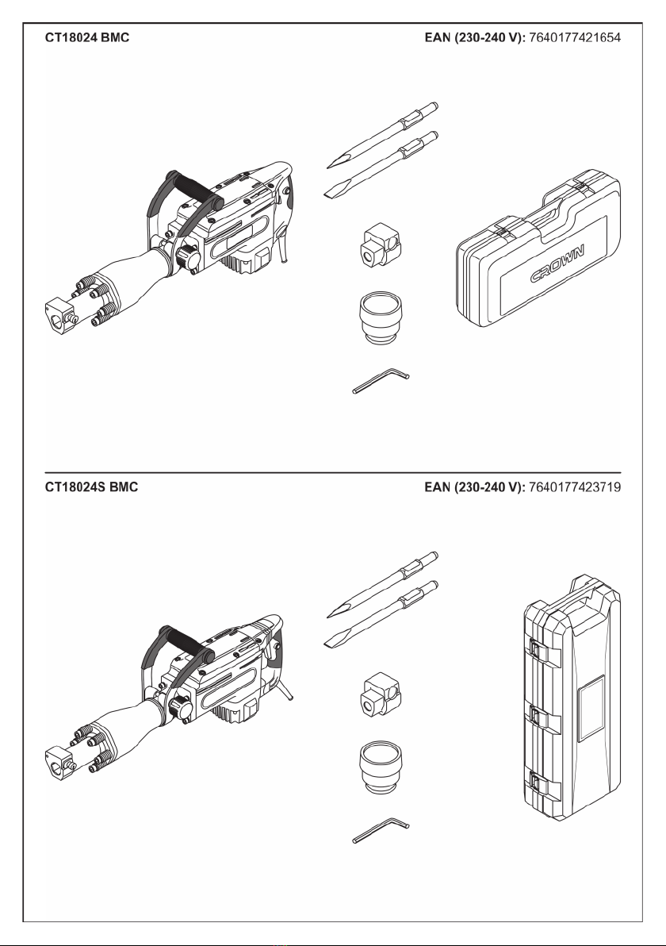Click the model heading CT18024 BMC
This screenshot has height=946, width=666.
(x=87, y=37)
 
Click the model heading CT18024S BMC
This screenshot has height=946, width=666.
(x=92, y=486)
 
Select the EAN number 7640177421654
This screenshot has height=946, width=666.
(x=574, y=37)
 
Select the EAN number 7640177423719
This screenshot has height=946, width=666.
(x=574, y=486)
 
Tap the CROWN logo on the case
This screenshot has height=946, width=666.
(x=557, y=264)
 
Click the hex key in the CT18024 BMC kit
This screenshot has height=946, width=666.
(x=381, y=381)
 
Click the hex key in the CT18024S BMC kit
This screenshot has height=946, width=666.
(x=381, y=830)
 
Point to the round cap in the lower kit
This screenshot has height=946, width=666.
(x=380, y=768)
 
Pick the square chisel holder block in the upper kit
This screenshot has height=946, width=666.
(x=381, y=244)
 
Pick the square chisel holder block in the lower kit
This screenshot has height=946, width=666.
(x=381, y=694)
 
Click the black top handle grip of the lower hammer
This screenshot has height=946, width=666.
(x=186, y=644)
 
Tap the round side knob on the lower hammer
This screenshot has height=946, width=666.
(x=180, y=707)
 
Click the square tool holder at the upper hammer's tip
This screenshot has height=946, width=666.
(x=59, y=313)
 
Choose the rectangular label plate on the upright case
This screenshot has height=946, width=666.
(x=591, y=709)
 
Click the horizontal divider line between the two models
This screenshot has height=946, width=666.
(x=333, y=472)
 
